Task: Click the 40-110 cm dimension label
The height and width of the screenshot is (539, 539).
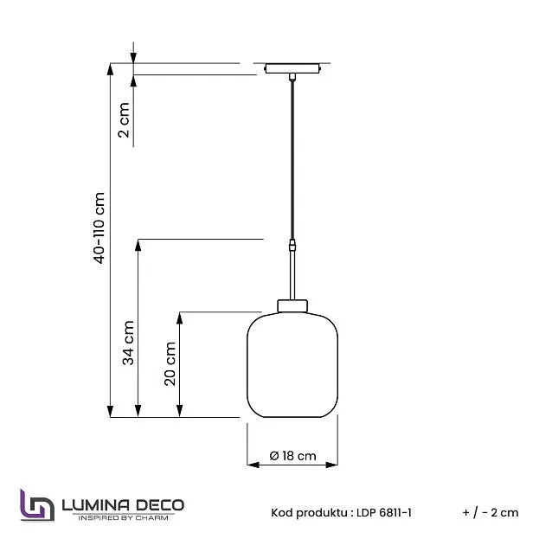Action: [x=99, y=228]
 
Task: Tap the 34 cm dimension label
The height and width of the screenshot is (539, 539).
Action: [x=128, y=343]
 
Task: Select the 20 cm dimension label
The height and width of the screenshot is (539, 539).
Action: [x=170, y=363]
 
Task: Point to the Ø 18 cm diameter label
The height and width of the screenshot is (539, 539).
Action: [x=293, y=456]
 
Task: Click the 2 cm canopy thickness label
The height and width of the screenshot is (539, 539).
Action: [x=124, y=120]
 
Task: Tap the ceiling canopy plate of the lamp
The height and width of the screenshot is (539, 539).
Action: [x=292, y=68]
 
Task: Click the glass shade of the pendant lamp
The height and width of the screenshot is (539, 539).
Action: [x=292, y=365]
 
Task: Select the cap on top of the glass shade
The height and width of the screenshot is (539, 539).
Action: [x=292, y=306]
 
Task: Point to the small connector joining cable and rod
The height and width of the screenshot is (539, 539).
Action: [x=292, y=245]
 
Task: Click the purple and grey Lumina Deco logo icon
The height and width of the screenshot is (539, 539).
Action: [x=37, y=505]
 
